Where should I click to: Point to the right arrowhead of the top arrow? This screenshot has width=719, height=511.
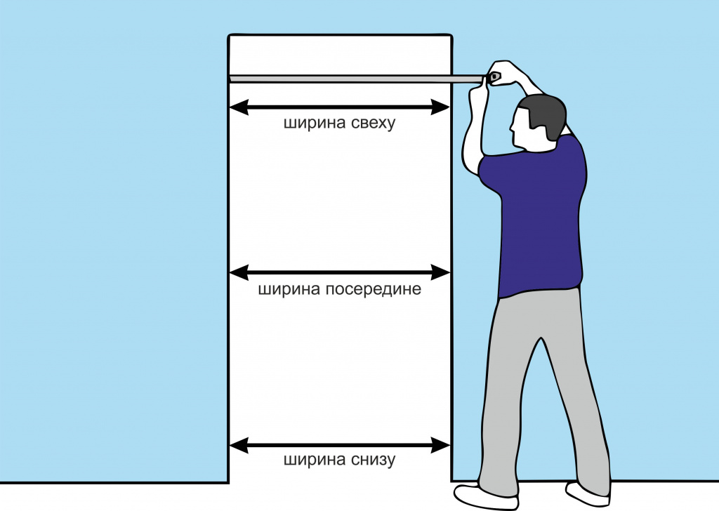point(440,107)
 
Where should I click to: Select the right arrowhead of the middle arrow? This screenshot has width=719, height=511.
point(440,272)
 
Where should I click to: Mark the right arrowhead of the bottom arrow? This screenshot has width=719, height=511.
point(440,445)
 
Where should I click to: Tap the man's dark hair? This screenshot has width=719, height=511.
point(544,116)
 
